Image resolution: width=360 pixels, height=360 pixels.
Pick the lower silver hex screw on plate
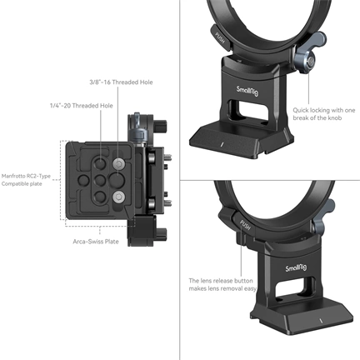pyautogui.click(x=117, y=197)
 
